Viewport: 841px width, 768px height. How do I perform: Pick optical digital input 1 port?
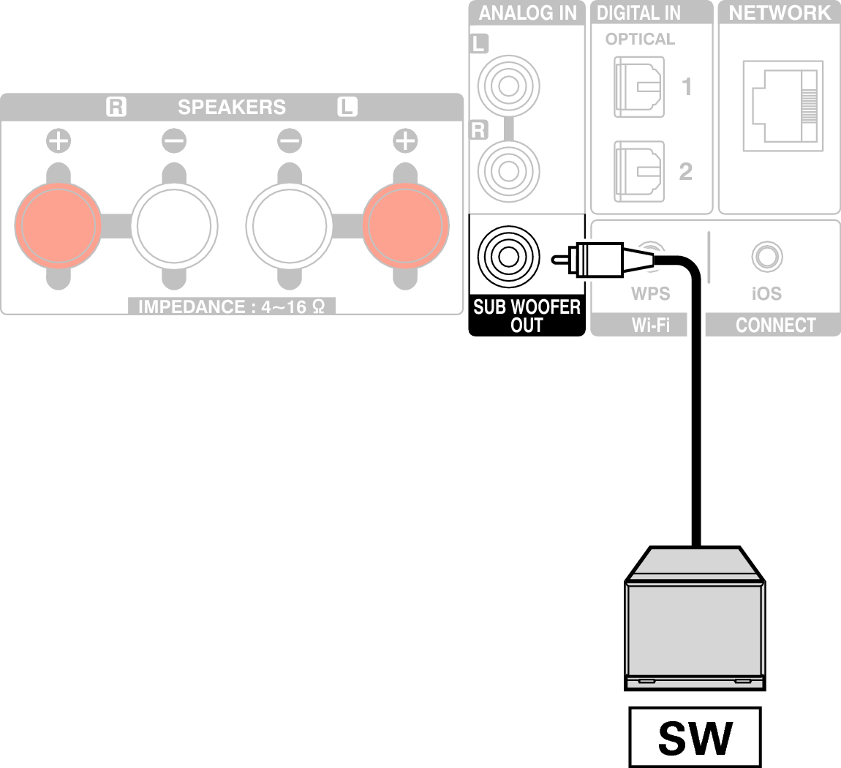(638, 88)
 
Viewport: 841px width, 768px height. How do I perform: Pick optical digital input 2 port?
(638, 170)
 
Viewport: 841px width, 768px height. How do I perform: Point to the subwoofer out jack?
(508, 257)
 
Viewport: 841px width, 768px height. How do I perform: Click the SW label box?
(694, 737)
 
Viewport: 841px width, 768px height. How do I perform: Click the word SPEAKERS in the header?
(231, 108)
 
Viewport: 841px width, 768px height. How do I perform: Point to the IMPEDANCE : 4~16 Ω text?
(231, 306)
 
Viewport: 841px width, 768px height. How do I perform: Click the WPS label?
(650, 294)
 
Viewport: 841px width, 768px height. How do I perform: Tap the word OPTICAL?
(640, 39)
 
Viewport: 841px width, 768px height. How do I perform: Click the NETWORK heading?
(780, 12)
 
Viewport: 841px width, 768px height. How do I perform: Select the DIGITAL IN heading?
(638, 12)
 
